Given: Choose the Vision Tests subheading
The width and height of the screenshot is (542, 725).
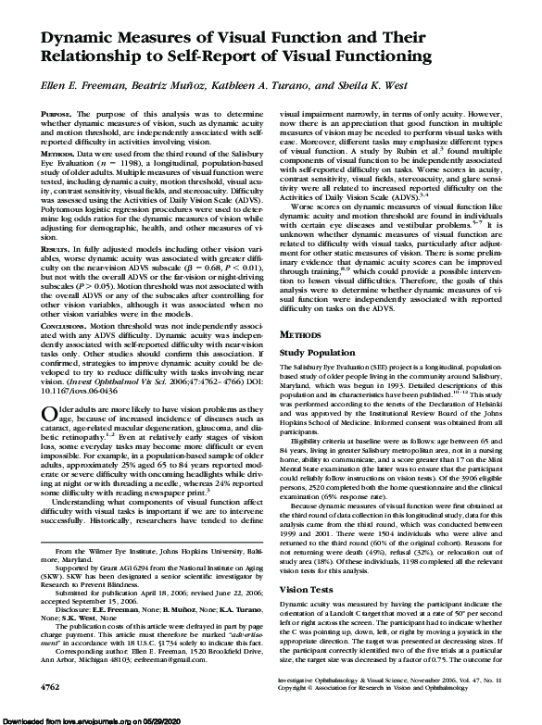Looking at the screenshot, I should point(307,563).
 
